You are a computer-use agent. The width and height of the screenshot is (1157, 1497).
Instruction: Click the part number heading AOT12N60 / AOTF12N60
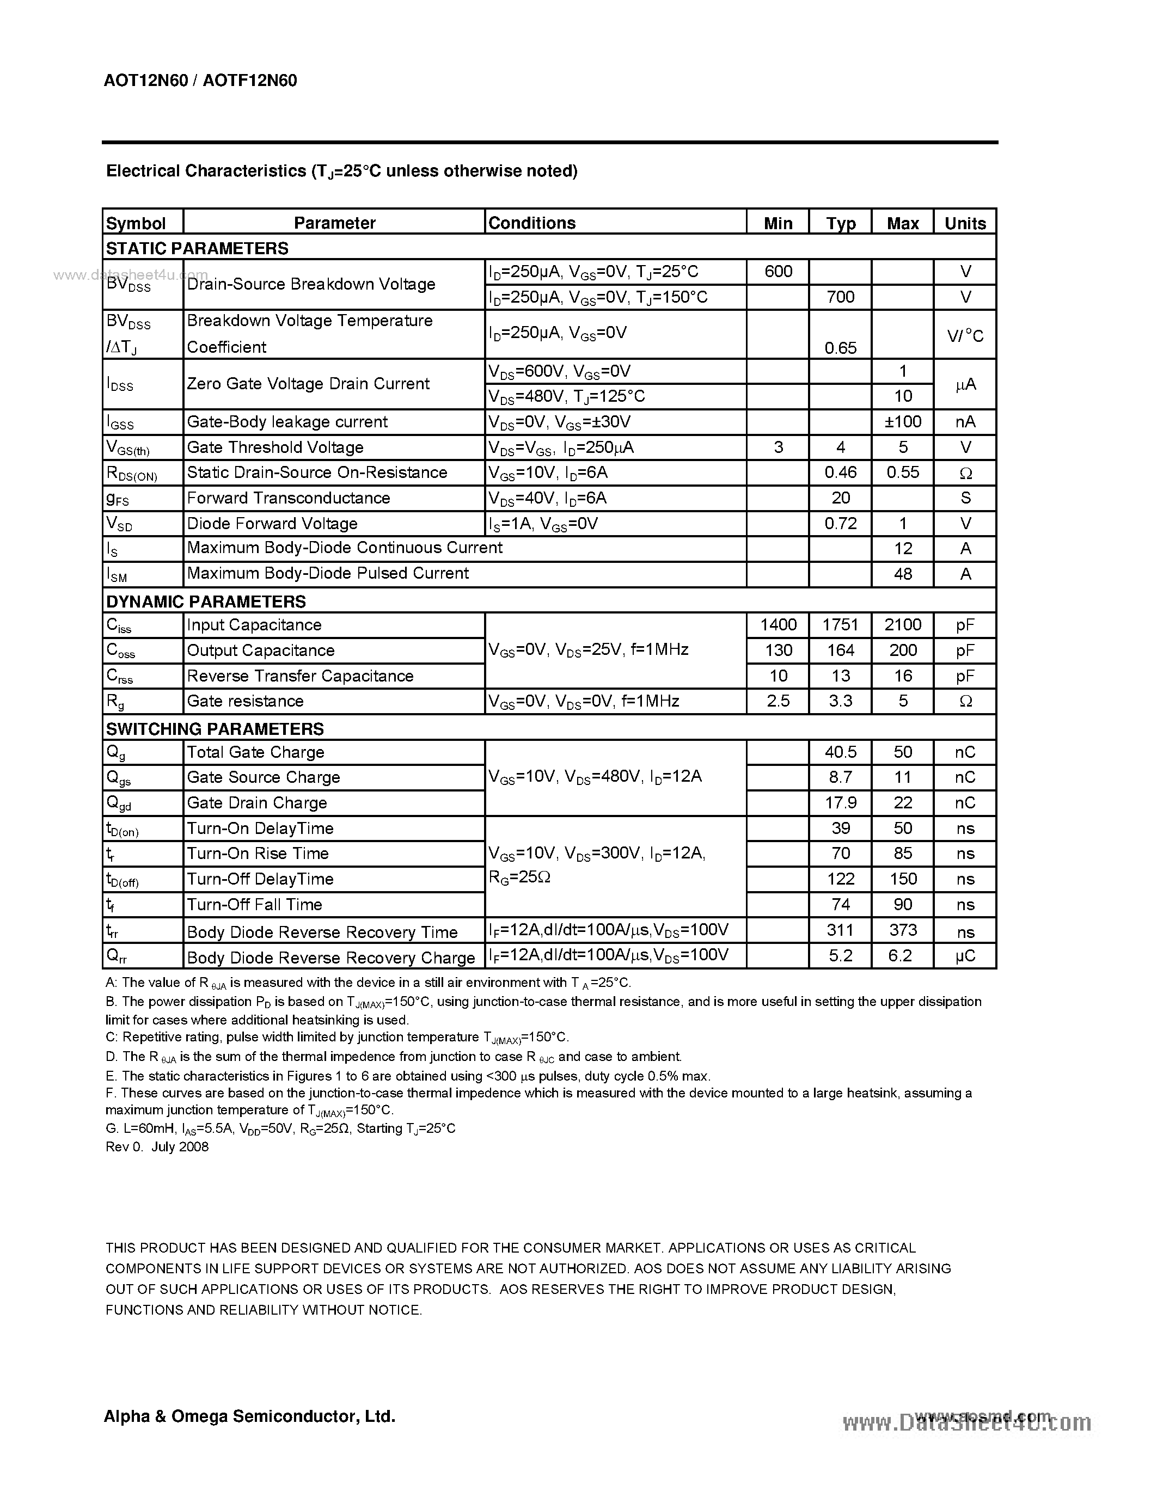[200, 81]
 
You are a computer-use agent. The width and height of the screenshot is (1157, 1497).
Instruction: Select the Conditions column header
[531, 223]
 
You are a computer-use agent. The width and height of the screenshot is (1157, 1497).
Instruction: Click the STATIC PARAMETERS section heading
[198, 248]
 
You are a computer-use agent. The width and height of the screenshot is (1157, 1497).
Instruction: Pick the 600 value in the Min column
[778, 272]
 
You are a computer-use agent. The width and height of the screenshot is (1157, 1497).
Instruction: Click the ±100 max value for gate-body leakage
[903, 421]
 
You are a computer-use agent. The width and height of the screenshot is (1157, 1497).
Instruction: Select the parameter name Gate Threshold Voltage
[275, 447]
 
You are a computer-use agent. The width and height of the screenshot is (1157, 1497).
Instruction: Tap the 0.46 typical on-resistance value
[840, 473]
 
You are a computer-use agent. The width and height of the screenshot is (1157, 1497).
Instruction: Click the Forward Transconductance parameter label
[288, 498]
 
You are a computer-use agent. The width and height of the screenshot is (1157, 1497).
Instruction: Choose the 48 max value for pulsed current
[903, 574]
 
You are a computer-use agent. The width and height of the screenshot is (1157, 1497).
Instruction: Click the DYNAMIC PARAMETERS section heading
[206, 601]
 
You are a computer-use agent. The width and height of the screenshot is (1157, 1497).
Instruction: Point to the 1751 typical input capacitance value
[840, 624]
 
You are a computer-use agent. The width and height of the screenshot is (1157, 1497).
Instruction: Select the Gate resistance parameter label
[244, 701]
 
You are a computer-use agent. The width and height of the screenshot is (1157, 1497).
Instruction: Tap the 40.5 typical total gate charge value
[840, 752]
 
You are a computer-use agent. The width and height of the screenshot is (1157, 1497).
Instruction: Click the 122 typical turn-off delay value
[840, 879]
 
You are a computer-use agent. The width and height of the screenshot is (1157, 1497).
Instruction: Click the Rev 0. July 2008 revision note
[157, 1147]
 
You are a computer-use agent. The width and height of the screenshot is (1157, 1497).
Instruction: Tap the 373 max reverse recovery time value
[903, 930]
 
